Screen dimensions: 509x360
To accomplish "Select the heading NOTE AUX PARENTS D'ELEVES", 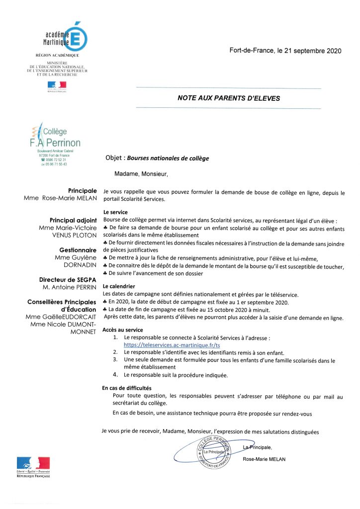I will click(x=229, y=98).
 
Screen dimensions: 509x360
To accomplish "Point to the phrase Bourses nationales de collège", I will click(x=168, y=159).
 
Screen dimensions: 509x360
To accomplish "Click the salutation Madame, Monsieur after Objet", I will click(x=142, y=174).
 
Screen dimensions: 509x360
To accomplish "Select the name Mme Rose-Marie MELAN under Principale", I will click(x=60, y=198).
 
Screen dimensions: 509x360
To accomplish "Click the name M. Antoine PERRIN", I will click(x=69, y=288).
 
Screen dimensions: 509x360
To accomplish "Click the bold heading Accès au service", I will click(x=122, y=330).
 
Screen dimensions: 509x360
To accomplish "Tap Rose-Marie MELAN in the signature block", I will click(x=264, y=459).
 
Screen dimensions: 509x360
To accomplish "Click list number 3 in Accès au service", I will click(x=115, y=359).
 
